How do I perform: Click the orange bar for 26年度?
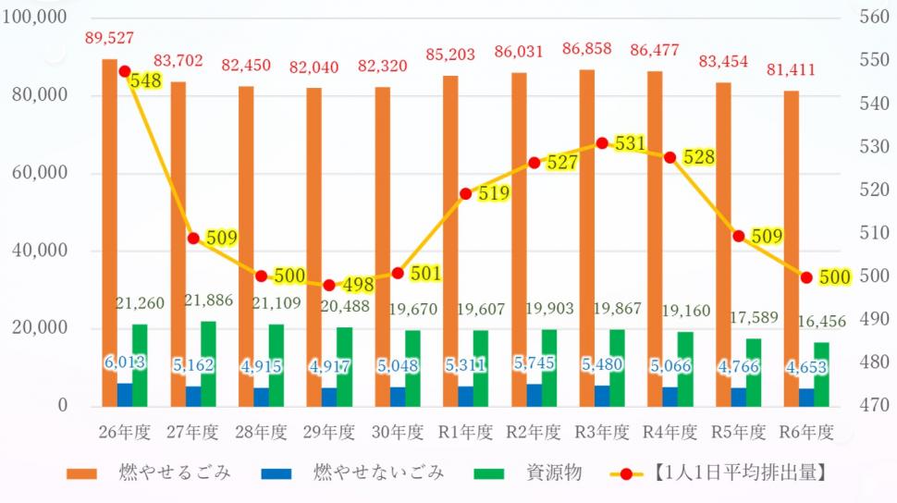click(x=109, y=231)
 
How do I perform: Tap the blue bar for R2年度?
click(x=534, y=395)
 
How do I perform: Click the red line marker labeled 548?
click(x=125, y=71)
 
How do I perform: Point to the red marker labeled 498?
click(x=329, y=285)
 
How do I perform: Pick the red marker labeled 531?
click(x=602, y=143)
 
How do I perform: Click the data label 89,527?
click(x=109, y=38)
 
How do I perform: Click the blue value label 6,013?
click(x=124, y=362)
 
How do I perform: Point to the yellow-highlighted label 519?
click(x=495, y=193)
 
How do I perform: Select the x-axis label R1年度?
click(x=466, y=432)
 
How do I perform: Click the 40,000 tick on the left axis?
click(x=39, y=251)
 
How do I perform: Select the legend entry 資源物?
click(x=554, y=473)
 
